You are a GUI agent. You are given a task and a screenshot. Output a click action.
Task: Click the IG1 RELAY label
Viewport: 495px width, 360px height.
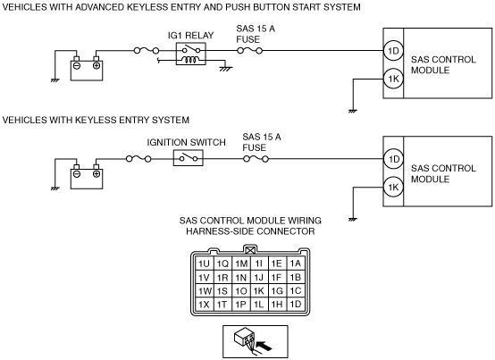pos(190,36)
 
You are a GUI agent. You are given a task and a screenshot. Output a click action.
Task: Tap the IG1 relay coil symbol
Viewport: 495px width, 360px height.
pos(191,60)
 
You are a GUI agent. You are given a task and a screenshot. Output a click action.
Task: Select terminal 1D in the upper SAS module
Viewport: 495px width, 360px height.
pos(393,51)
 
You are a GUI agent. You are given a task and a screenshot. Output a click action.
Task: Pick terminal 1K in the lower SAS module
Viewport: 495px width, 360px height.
pos(393,187)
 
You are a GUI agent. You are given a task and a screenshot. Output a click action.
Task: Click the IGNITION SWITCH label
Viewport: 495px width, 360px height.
pos(186,142)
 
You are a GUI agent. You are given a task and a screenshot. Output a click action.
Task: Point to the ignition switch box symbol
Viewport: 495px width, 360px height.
pos(189,158)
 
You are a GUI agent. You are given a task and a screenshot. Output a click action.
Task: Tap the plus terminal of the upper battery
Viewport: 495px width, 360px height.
pos(96,65)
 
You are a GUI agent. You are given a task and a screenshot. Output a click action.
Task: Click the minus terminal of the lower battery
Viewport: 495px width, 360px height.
pos(77,174)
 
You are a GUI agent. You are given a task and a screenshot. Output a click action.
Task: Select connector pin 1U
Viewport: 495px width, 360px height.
pos(205,264)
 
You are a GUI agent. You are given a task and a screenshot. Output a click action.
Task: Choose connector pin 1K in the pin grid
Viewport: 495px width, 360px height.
pos(259,291)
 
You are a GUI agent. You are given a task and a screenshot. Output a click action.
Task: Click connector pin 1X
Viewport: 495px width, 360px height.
pos(205,305)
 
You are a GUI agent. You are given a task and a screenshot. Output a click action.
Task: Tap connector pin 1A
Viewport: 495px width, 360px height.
pos(296,264)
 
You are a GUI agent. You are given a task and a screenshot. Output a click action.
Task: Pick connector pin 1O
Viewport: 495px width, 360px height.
pos(241,291)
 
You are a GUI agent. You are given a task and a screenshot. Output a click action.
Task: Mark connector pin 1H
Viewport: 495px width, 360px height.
pos(277,305)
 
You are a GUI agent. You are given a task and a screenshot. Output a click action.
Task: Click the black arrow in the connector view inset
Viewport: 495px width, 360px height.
pos(264,346)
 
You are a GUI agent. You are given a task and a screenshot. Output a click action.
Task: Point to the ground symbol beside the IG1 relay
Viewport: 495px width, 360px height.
pos(226,69)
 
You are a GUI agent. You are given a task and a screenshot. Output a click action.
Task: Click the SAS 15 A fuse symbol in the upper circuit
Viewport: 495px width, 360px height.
pos(249,51)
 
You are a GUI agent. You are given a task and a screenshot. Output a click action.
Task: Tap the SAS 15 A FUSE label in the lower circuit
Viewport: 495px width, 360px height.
pos(262,142)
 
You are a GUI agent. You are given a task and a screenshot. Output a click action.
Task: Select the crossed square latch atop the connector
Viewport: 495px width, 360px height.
pos(250,250)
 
